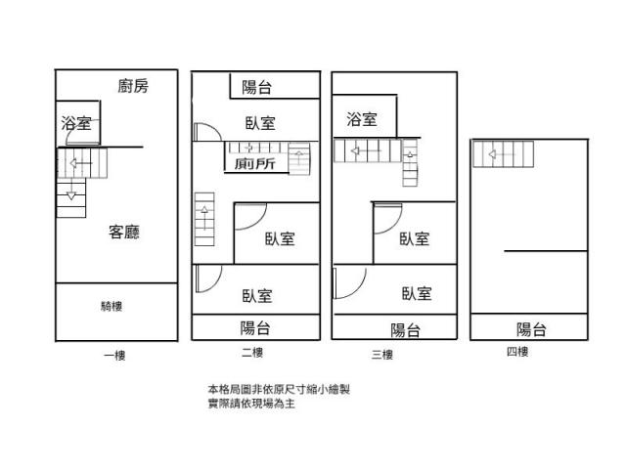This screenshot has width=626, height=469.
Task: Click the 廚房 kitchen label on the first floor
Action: [x=133, y=86]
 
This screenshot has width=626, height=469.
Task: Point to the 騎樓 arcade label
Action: [x=112, y=306]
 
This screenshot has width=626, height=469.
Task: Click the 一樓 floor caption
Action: [x=115, y=356]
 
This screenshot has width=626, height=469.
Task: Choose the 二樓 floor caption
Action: [x=251, y=353]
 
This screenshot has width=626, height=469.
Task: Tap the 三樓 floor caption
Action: [x=380, y=354]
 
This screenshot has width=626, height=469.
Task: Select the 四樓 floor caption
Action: [x=517, y=352]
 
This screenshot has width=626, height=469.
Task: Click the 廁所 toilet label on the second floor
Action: [x=255, y=165]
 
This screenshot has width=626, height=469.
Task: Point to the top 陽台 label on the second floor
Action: [x=256, y=88]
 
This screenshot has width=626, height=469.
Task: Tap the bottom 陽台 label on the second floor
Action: [x=256, y=328]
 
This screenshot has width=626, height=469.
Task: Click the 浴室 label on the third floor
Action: [x=362, y=119]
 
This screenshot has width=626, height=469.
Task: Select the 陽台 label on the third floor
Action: [x=406, y=329]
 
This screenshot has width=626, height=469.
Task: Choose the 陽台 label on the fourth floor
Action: [x=531, y=329]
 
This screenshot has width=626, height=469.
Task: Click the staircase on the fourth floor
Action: [x=504, y=152]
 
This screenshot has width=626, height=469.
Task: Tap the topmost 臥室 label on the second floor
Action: [x=259, y=123]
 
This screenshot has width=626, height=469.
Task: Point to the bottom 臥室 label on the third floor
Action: [x=417, y=292]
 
